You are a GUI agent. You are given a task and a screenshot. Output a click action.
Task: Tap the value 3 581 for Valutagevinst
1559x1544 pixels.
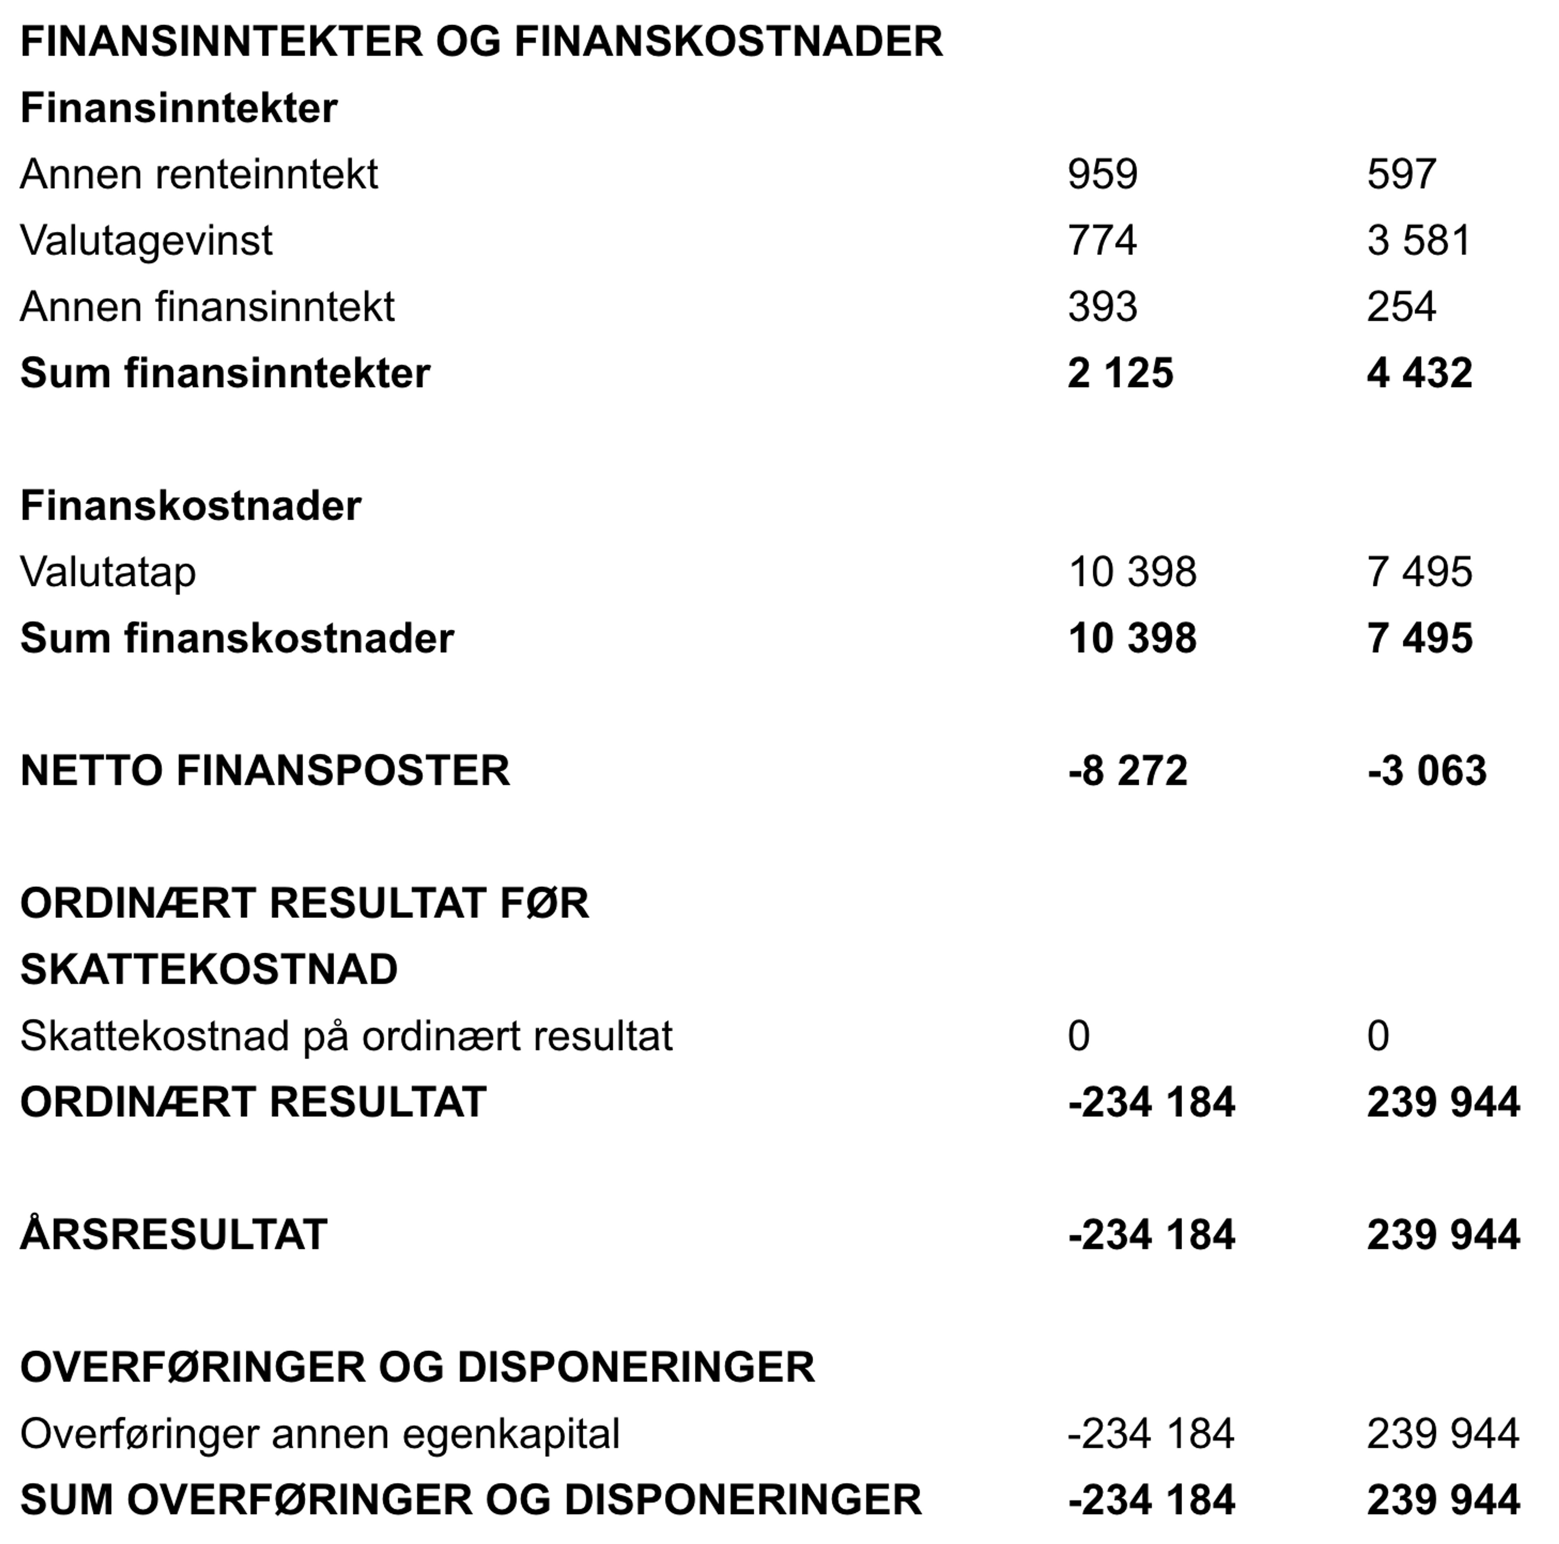click(1419, 240)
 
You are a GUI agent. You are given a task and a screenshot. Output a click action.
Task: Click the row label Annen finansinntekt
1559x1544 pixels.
click(207, 307)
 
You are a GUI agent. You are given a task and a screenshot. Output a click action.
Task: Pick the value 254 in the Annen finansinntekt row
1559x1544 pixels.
click(1401, 307)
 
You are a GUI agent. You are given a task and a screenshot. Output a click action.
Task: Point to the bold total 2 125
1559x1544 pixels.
click(1120, 373)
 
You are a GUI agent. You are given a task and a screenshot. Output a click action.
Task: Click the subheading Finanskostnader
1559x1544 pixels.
click(190, 506)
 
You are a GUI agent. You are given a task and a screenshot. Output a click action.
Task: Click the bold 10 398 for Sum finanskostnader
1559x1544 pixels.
click(1132, 638)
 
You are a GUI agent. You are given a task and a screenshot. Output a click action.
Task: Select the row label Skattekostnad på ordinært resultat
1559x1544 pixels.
click(346, 1036)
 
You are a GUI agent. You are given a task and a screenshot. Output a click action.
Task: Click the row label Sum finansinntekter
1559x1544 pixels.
click(225, 373)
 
